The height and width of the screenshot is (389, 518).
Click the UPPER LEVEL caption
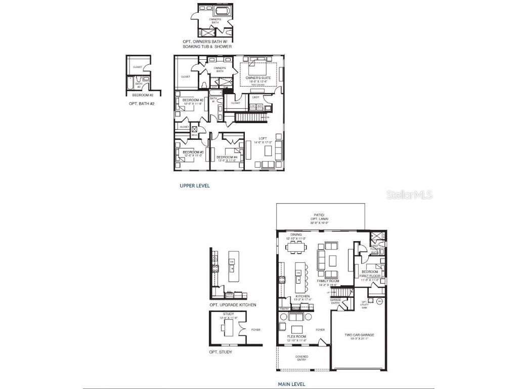click(x=195, y=186)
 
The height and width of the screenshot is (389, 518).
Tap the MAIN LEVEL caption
click(x=291, y=384)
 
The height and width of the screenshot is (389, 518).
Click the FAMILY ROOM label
click(x=328, y=281)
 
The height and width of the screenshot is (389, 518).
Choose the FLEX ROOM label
click(x=297, y=336)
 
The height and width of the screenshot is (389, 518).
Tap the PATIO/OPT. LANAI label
click(x=320, y=219)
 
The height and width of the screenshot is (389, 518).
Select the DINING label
click(x=296, y=235)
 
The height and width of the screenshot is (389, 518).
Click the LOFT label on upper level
click(x=263, y=138)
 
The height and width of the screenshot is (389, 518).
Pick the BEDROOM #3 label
click(x=193, y=152)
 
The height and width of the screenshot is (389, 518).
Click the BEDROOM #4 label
click(x=227, y=157)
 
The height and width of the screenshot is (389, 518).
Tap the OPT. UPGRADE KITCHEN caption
click(x=233, y=305)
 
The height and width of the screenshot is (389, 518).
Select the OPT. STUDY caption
click(x=221, y=352)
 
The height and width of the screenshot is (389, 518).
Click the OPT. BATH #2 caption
click(x=142, y=104)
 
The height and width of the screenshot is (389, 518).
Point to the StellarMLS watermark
click(x=410, y=194)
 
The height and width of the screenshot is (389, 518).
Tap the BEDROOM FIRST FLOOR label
click(x=370, y=274)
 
